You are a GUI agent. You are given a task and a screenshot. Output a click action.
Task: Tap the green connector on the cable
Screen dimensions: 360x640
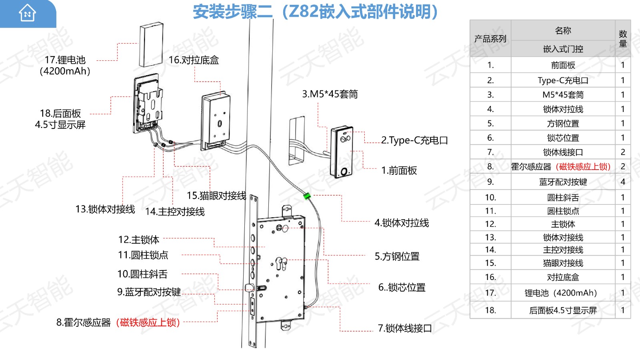coord(307,196)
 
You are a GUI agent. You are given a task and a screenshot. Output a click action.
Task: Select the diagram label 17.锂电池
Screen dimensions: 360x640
coord(65,60)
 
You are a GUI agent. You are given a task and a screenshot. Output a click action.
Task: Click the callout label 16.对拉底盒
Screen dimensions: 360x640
coord(194,60)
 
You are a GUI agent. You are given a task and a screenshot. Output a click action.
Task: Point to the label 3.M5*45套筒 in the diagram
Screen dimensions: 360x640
coord(330,94)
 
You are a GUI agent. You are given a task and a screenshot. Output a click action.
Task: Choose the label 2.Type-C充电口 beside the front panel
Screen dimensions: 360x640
coord(414,140)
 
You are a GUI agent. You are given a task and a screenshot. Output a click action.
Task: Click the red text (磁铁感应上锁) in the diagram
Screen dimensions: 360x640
coord(148,322)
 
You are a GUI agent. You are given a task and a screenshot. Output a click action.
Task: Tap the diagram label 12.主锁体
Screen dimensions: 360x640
coord(139,240)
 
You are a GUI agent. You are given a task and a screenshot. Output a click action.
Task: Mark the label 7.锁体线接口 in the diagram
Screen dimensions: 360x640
coord(405,328)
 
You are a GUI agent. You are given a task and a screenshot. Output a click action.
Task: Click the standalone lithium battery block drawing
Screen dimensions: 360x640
coord(151,44)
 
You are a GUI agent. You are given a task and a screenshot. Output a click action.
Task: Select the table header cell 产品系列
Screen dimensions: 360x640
coord(490,39)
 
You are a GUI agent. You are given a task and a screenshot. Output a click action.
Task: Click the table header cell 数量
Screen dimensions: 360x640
coord(622,39)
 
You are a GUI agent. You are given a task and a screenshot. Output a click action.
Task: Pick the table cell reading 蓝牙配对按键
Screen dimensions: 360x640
coord(563,182)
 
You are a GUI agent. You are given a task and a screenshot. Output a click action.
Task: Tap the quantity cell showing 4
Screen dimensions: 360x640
coord(622,182)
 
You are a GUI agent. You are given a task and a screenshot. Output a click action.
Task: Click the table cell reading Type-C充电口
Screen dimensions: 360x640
coord(563,80)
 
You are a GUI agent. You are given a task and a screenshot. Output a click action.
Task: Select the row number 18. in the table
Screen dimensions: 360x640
coord(490,310)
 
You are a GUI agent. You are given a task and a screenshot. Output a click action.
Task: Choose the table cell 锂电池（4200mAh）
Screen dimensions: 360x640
coord(563,293)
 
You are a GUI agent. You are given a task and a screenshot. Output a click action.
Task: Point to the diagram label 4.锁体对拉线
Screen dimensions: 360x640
coord(402,223)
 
